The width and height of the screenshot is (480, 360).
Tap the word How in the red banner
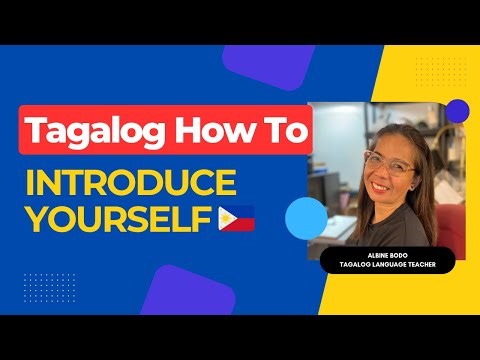207,132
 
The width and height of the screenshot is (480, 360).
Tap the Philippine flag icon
236,217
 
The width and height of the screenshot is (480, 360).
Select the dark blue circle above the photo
457,111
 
